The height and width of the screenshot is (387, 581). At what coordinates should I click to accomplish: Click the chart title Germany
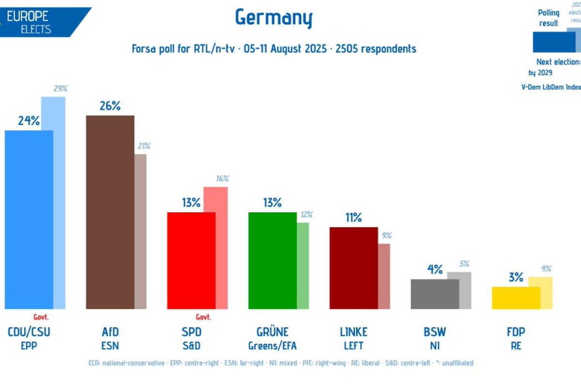pyautogui.click(x=274, y=18)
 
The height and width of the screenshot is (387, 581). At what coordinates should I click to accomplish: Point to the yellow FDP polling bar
pyautogui.click(x=516, y=298)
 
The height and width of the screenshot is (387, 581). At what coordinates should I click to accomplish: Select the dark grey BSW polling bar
pyautogui.click(x=434, y=294)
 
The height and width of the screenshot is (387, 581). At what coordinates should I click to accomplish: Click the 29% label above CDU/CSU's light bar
pyautogui.click(x=60, y=89)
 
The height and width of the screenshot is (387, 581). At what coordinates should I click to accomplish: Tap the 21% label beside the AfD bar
pyautogui.click(x=143, y=146)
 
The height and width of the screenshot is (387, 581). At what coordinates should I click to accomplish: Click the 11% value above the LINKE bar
pyautogui.click(x=353, y=218)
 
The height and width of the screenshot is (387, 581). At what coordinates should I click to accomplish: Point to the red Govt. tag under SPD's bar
pyautogui.click(x=203, y=317)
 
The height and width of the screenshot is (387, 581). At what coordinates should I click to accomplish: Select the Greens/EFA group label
pyautogui.click(x=272, y=346)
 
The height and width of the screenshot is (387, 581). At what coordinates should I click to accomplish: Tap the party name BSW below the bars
pyautogui.click(x=434, y=332)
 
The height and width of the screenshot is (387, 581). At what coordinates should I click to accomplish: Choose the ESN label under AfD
pyautogui.click(x=110, y=346)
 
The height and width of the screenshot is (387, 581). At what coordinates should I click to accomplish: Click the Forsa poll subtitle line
pyautogui.click(x=274, y=49)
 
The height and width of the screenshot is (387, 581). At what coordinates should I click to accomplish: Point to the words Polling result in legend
pyautogui.click(x=549, y=18)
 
